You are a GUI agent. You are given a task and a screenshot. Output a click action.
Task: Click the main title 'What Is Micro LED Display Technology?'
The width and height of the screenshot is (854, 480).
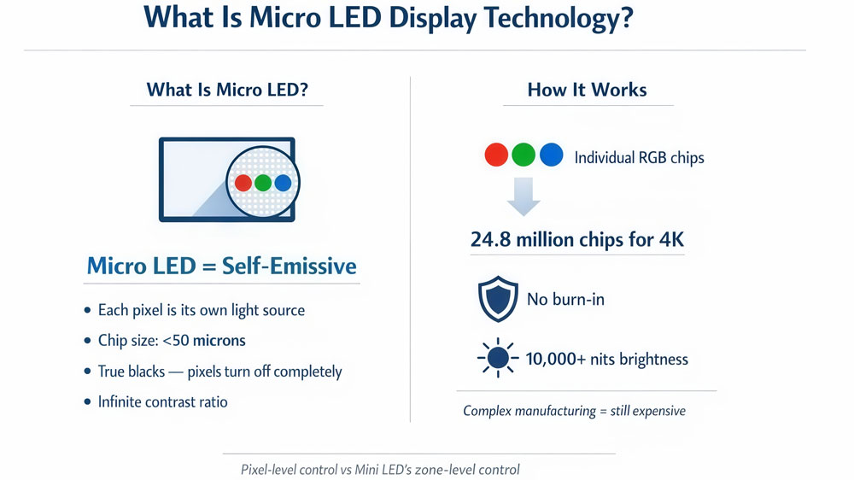(389, 18)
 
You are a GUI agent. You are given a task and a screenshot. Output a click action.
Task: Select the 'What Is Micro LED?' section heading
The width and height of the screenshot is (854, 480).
(227, 90)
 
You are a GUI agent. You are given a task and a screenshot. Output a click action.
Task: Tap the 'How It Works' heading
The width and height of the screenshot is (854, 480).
(587, 90)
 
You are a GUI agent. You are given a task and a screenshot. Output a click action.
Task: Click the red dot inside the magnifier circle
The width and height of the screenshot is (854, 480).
(243, 183)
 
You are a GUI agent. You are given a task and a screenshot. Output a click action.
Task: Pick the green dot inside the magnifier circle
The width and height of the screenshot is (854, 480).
(263, 183)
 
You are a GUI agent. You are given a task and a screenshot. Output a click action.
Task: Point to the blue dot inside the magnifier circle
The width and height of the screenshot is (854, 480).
(283, 183)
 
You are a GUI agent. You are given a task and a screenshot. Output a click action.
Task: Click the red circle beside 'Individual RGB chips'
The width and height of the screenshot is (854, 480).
(496, 155)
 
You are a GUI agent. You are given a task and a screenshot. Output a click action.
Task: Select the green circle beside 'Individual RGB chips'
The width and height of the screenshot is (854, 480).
(524, 155)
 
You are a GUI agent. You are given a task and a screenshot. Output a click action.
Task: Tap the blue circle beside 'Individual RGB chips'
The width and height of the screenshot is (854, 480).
(552, 155)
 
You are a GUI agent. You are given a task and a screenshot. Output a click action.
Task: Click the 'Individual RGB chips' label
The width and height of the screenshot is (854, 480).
(639, 158)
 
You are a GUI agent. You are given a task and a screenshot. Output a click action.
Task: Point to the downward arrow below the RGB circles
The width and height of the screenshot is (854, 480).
(523, 196)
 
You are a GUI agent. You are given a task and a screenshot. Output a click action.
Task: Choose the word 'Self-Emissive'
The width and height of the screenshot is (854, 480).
(289, 266)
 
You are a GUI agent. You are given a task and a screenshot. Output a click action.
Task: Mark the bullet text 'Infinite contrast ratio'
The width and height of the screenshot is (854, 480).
(163, 401)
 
